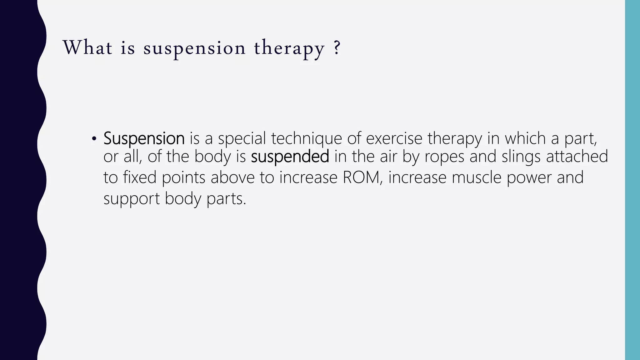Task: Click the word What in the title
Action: [x=87, y=48]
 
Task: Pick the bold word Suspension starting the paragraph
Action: [x=144, y=138]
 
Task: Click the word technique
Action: [x=307, y=138]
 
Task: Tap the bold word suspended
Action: [x=290, y=157]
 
